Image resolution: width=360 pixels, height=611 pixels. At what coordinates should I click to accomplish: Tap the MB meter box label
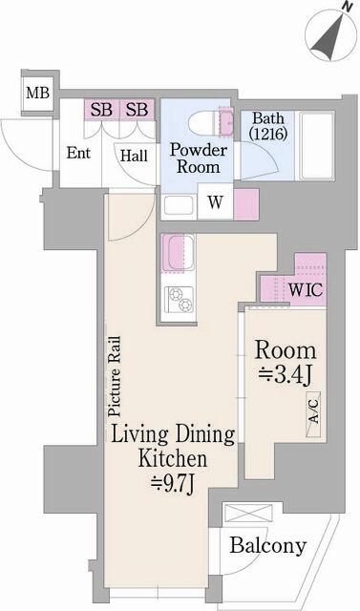pyautogui.click(x=37, y=93)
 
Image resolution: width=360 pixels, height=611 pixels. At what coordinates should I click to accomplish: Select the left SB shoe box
pyautogui.click(x=102, y=110)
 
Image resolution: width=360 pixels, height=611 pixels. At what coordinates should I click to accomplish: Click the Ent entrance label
pyautogui.click(x=78, y=152)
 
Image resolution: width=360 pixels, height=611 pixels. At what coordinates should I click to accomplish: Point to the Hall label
pyautogui.click(x=133, y=155)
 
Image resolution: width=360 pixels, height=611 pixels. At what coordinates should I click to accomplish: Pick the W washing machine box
pyautogui.click(x=216, y=202)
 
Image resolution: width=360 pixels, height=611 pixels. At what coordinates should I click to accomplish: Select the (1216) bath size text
pyautogui.click(x=262, y=136)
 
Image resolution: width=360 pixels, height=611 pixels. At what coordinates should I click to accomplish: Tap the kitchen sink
pyautogui.click(x=178, y=255)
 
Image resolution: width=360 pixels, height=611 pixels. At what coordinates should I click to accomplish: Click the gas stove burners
pyautogui.click(x=180, y=299)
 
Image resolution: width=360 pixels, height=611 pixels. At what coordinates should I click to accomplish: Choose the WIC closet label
pyautogui.click(x=305, y=289)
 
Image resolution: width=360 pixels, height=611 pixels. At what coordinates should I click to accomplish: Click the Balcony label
pyautogui.click(x=268, y=546)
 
